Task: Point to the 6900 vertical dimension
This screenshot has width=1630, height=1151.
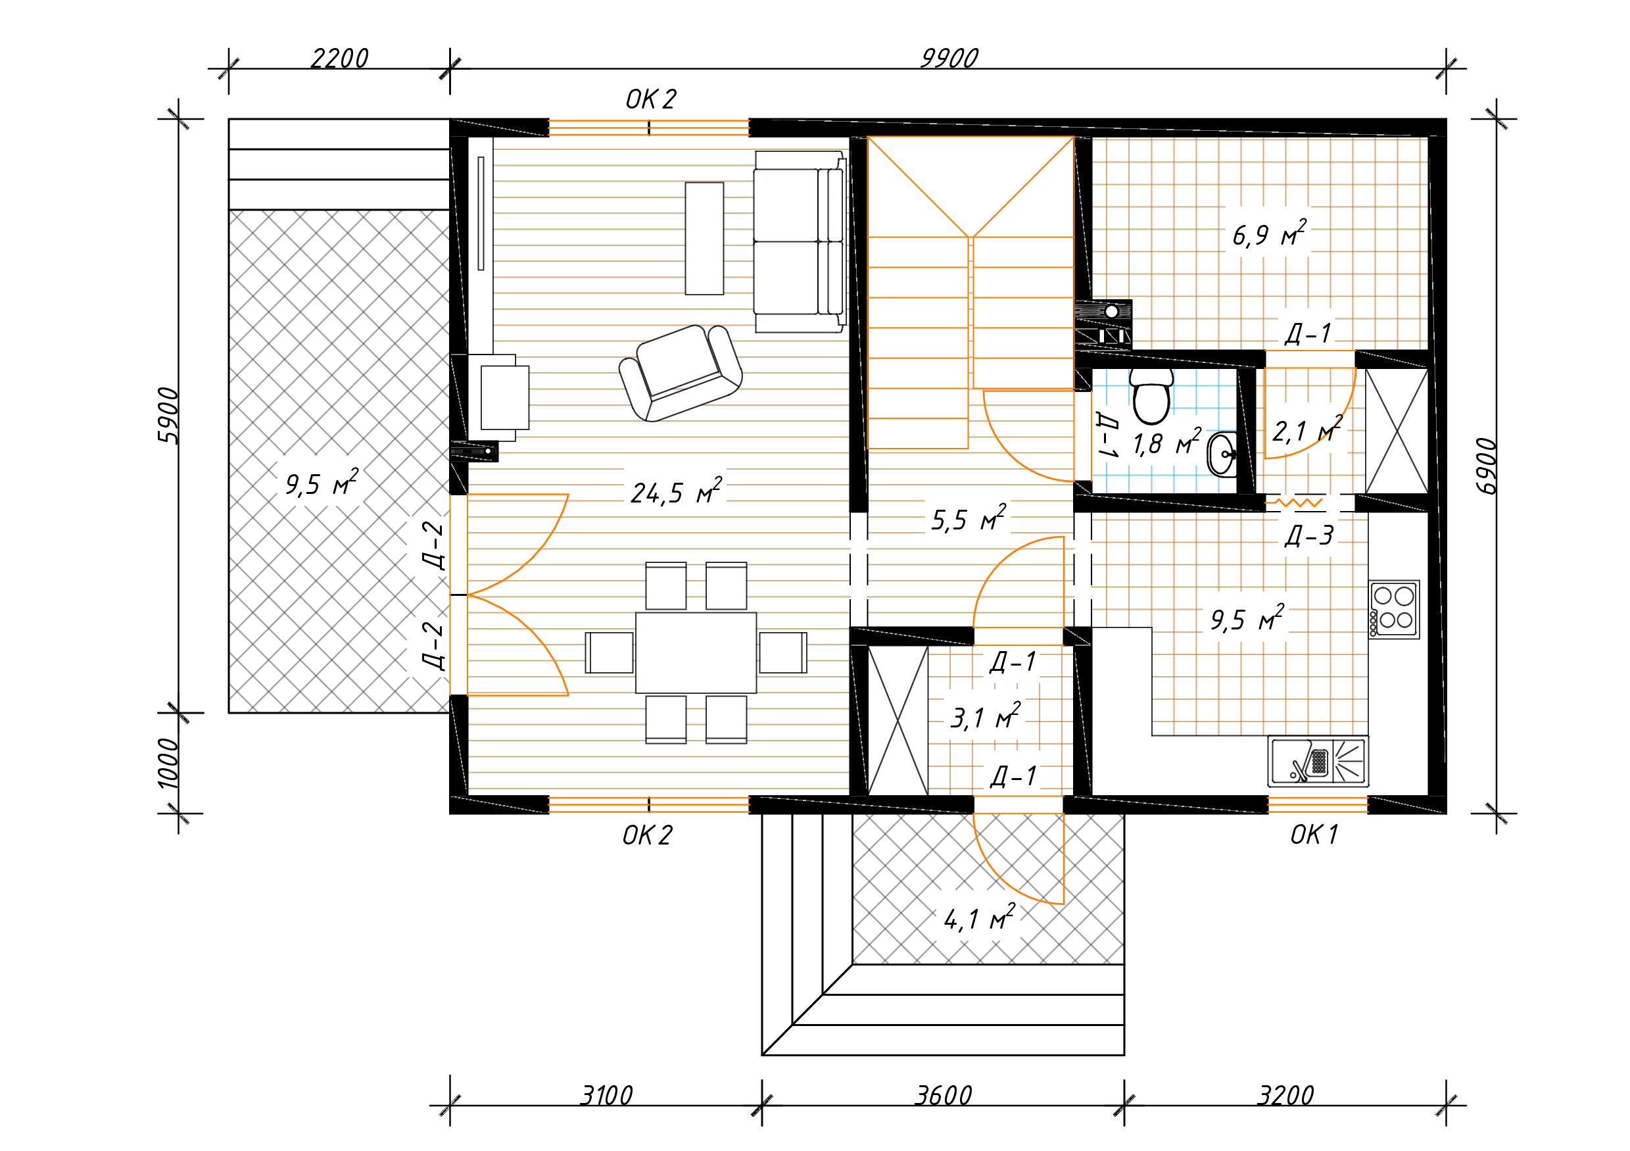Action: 1486,466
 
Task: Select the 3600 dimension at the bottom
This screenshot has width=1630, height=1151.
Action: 944,1096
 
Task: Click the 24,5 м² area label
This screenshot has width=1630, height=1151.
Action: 677,491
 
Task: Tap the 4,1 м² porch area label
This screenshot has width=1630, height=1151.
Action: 980,918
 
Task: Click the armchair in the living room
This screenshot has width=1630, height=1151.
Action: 680,374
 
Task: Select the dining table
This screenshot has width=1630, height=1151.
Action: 696,652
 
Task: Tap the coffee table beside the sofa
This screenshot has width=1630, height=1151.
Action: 704,239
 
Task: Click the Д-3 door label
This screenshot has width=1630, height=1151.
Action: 1309,535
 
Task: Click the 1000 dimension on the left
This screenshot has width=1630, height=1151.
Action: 168,764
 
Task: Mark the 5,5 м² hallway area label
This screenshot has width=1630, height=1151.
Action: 969,518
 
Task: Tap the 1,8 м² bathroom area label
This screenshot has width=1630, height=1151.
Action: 1166,443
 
